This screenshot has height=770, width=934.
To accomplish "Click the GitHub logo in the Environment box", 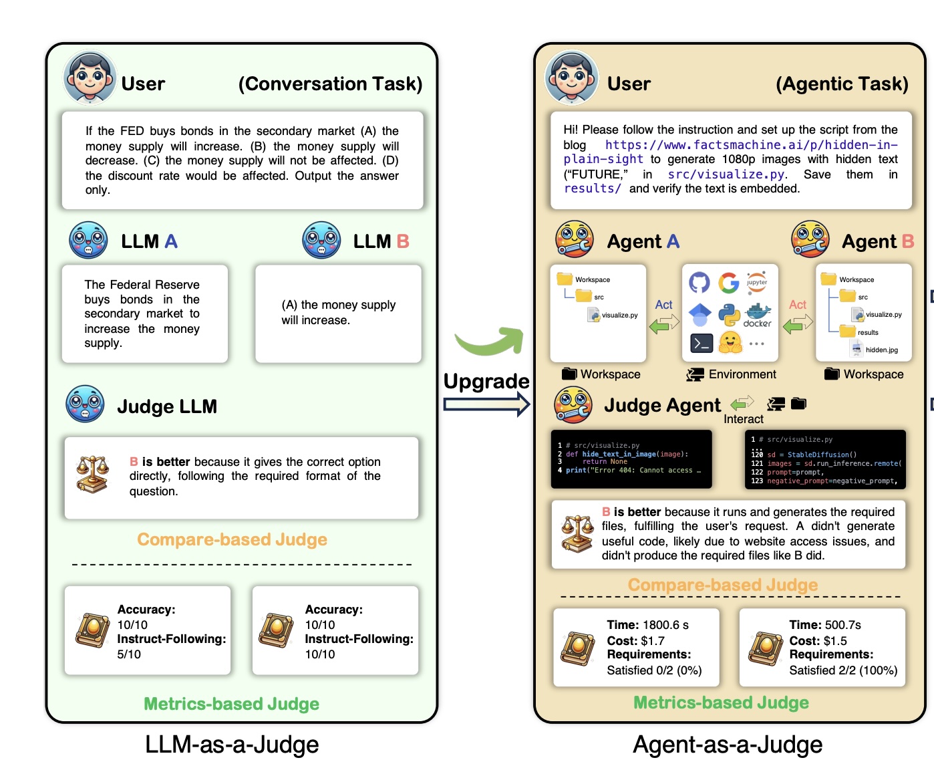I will pos(699,282).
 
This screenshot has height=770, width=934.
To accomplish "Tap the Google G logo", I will pos(729,282).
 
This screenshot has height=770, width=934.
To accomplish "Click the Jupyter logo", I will pos(757,281).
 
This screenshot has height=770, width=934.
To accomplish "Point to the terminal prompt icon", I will pos(701,344).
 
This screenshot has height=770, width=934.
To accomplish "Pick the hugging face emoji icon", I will pos(730,343).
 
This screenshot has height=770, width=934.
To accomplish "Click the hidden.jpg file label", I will pos(881,350).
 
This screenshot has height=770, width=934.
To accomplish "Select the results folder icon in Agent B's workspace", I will pos(848,332).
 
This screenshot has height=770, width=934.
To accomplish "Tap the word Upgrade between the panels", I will pos(486,381).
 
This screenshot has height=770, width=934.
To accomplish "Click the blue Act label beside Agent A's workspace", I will pos(663,305).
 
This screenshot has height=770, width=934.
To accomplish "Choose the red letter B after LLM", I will pos(402,241).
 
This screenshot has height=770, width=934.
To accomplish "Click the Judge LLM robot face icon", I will pos(85,404).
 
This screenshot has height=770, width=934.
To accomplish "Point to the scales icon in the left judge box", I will pos(93,474).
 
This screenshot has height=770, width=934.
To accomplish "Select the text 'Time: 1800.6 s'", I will pos(647,625).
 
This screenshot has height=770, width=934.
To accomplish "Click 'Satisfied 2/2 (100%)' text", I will pos(843,670).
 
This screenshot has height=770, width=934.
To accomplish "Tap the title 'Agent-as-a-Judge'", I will pos(728,745).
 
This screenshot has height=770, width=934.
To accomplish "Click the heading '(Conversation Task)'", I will pos(330,84).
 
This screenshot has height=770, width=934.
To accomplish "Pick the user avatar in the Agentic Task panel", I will pos(571,78).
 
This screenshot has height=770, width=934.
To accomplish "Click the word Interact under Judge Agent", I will pos(743,419).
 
